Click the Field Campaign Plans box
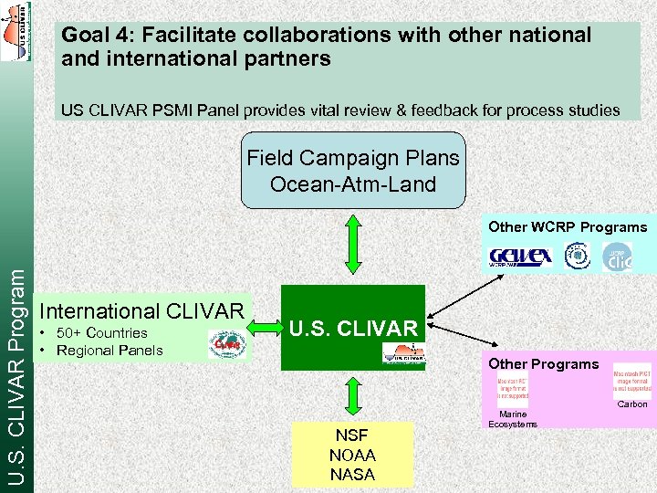click(x=353, y=171)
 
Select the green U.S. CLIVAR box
click(x=353, y=327)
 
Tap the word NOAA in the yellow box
click(x=352, y=455)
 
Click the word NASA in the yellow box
click(x=352, y=474)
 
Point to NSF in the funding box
click(x=352, y=435)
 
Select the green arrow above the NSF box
click(x=353, y=394)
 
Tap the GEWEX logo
click(x=520, y=257)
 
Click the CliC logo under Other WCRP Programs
click(x=617, y=257)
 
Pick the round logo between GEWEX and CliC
click(x=577, y=256)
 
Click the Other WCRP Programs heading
click(x=567, y=227)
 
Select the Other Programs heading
click(x=543, y=363)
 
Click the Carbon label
click(x=631, y=404)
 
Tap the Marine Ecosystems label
click(x=513, y=419)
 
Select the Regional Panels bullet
click(x=109, y=351)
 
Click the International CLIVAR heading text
click(x=143, y=311)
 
